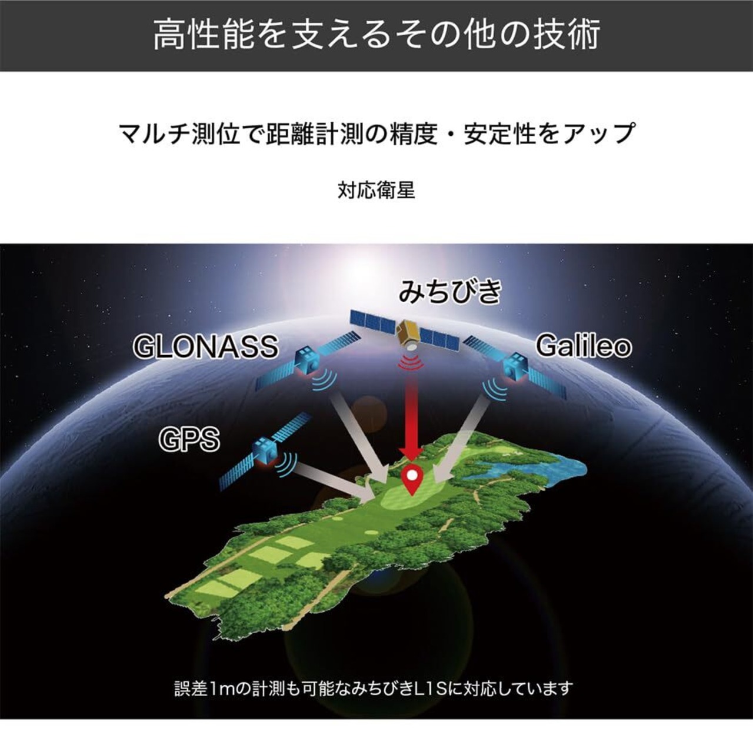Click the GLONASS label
coord(206,346)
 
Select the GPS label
coord(189,439)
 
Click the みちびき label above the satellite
coord(449,292)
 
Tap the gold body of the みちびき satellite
coord(408,333)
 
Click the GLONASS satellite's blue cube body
coord(307,361)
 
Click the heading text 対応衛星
coord(376,191)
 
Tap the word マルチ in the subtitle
coord(154,133)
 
